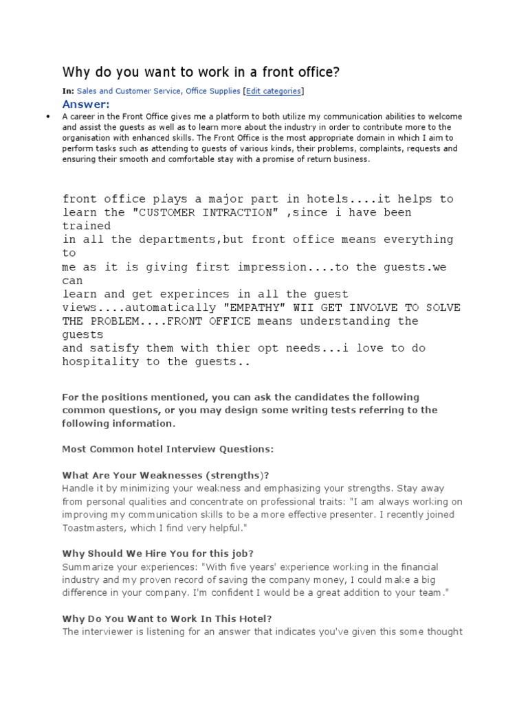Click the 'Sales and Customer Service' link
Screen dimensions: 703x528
[x=129, y=91]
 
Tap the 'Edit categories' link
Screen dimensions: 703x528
[x=274, y=91]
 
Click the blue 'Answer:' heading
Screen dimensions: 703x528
[x=86, y=104]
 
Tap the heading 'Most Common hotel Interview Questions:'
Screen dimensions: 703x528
[x=168, y=449]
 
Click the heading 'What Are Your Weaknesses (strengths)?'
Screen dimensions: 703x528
[x=166, y=475]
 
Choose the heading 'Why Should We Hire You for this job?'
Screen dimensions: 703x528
[x=158, y=553]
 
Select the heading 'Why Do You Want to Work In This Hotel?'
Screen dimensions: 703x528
[x=162, y=619]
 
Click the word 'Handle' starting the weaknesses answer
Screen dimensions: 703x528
[x=78, y=488]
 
